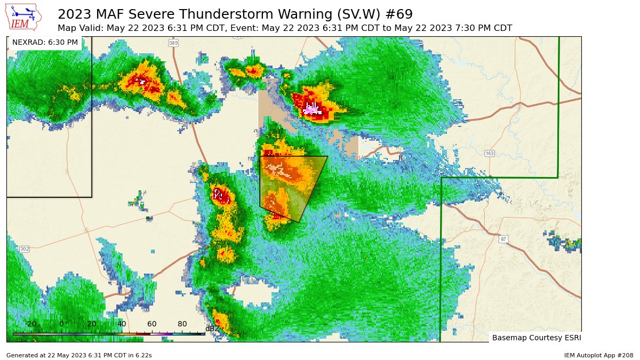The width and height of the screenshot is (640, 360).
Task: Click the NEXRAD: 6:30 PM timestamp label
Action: click(45, 42)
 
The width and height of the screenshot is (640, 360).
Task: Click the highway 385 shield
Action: click(173, 43)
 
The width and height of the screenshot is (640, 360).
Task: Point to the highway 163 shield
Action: click(490, 154)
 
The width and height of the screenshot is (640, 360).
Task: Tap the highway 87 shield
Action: click(503, 239)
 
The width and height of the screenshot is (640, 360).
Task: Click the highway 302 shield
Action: click(25, 249)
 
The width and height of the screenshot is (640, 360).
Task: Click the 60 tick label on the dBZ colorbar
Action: click(152, 324)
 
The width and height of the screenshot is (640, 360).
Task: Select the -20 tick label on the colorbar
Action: click(30, 324)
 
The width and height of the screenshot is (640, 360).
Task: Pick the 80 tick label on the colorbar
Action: click(182, 324)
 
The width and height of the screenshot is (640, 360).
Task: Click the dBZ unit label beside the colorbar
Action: click(212, 329)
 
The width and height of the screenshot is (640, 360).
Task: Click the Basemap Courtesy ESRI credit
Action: click(536, 338)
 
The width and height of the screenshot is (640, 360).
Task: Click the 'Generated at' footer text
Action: click(79, 355)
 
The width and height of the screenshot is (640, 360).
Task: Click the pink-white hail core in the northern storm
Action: click(311, 109)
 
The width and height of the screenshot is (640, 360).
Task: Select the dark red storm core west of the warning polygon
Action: click(220, 195)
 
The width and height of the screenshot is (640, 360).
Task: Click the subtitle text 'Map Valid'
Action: click(78, 28)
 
